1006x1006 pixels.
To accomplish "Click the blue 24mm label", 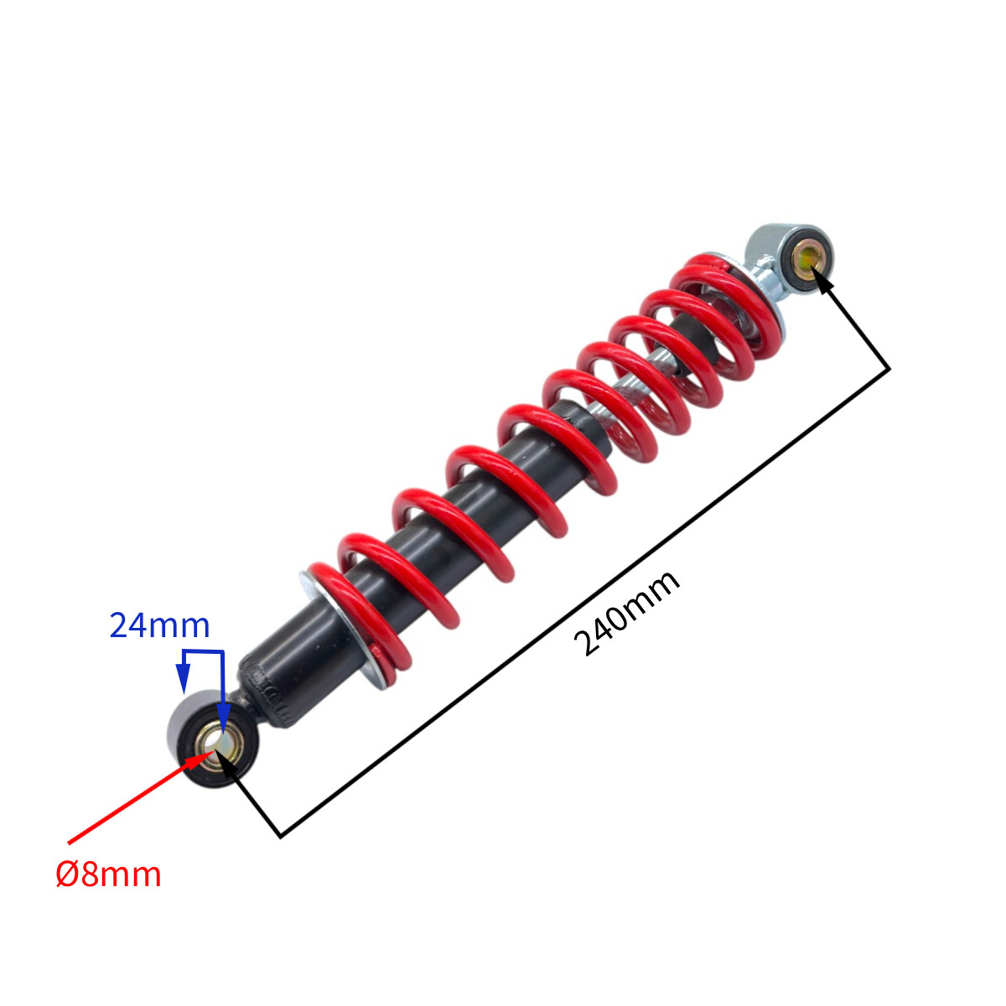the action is [x=160, y=625].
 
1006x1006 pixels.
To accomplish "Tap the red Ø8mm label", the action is [x=108, y=874].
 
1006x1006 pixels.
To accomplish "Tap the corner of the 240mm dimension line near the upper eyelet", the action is [x=889, y=369].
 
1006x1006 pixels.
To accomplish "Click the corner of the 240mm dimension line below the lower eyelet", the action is [x=281, y=837].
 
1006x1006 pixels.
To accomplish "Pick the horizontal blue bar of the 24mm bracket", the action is [x=203, y=651].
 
